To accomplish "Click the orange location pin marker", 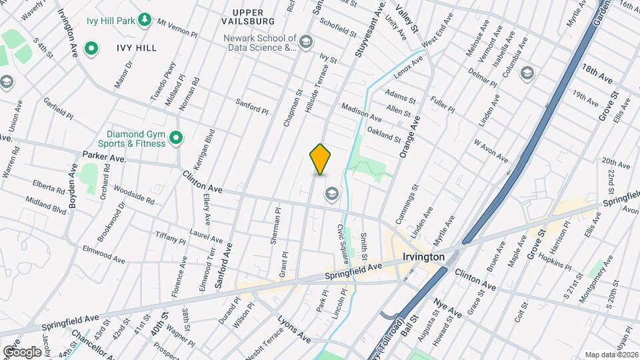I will [321, 159].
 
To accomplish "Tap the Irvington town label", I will [423, 256].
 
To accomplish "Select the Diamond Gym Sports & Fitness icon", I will [176, 138].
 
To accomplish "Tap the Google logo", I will [22, 351].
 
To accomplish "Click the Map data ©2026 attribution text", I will [611, 355].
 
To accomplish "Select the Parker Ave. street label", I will [104, 158].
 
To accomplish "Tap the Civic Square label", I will [343, 237].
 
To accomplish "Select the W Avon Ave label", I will [491, 151].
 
